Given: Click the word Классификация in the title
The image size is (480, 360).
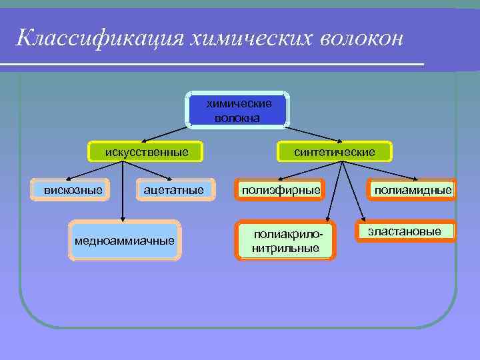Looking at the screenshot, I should pos(99,37).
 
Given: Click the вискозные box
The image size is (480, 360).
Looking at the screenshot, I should pos(73,191).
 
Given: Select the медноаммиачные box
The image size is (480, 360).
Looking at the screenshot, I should pos(125,240).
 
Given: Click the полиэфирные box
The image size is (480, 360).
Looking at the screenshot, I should pos(281,191).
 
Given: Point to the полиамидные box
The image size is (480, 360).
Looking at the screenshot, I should pos(413,191).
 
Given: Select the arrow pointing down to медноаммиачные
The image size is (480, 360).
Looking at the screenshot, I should pos(122,193).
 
